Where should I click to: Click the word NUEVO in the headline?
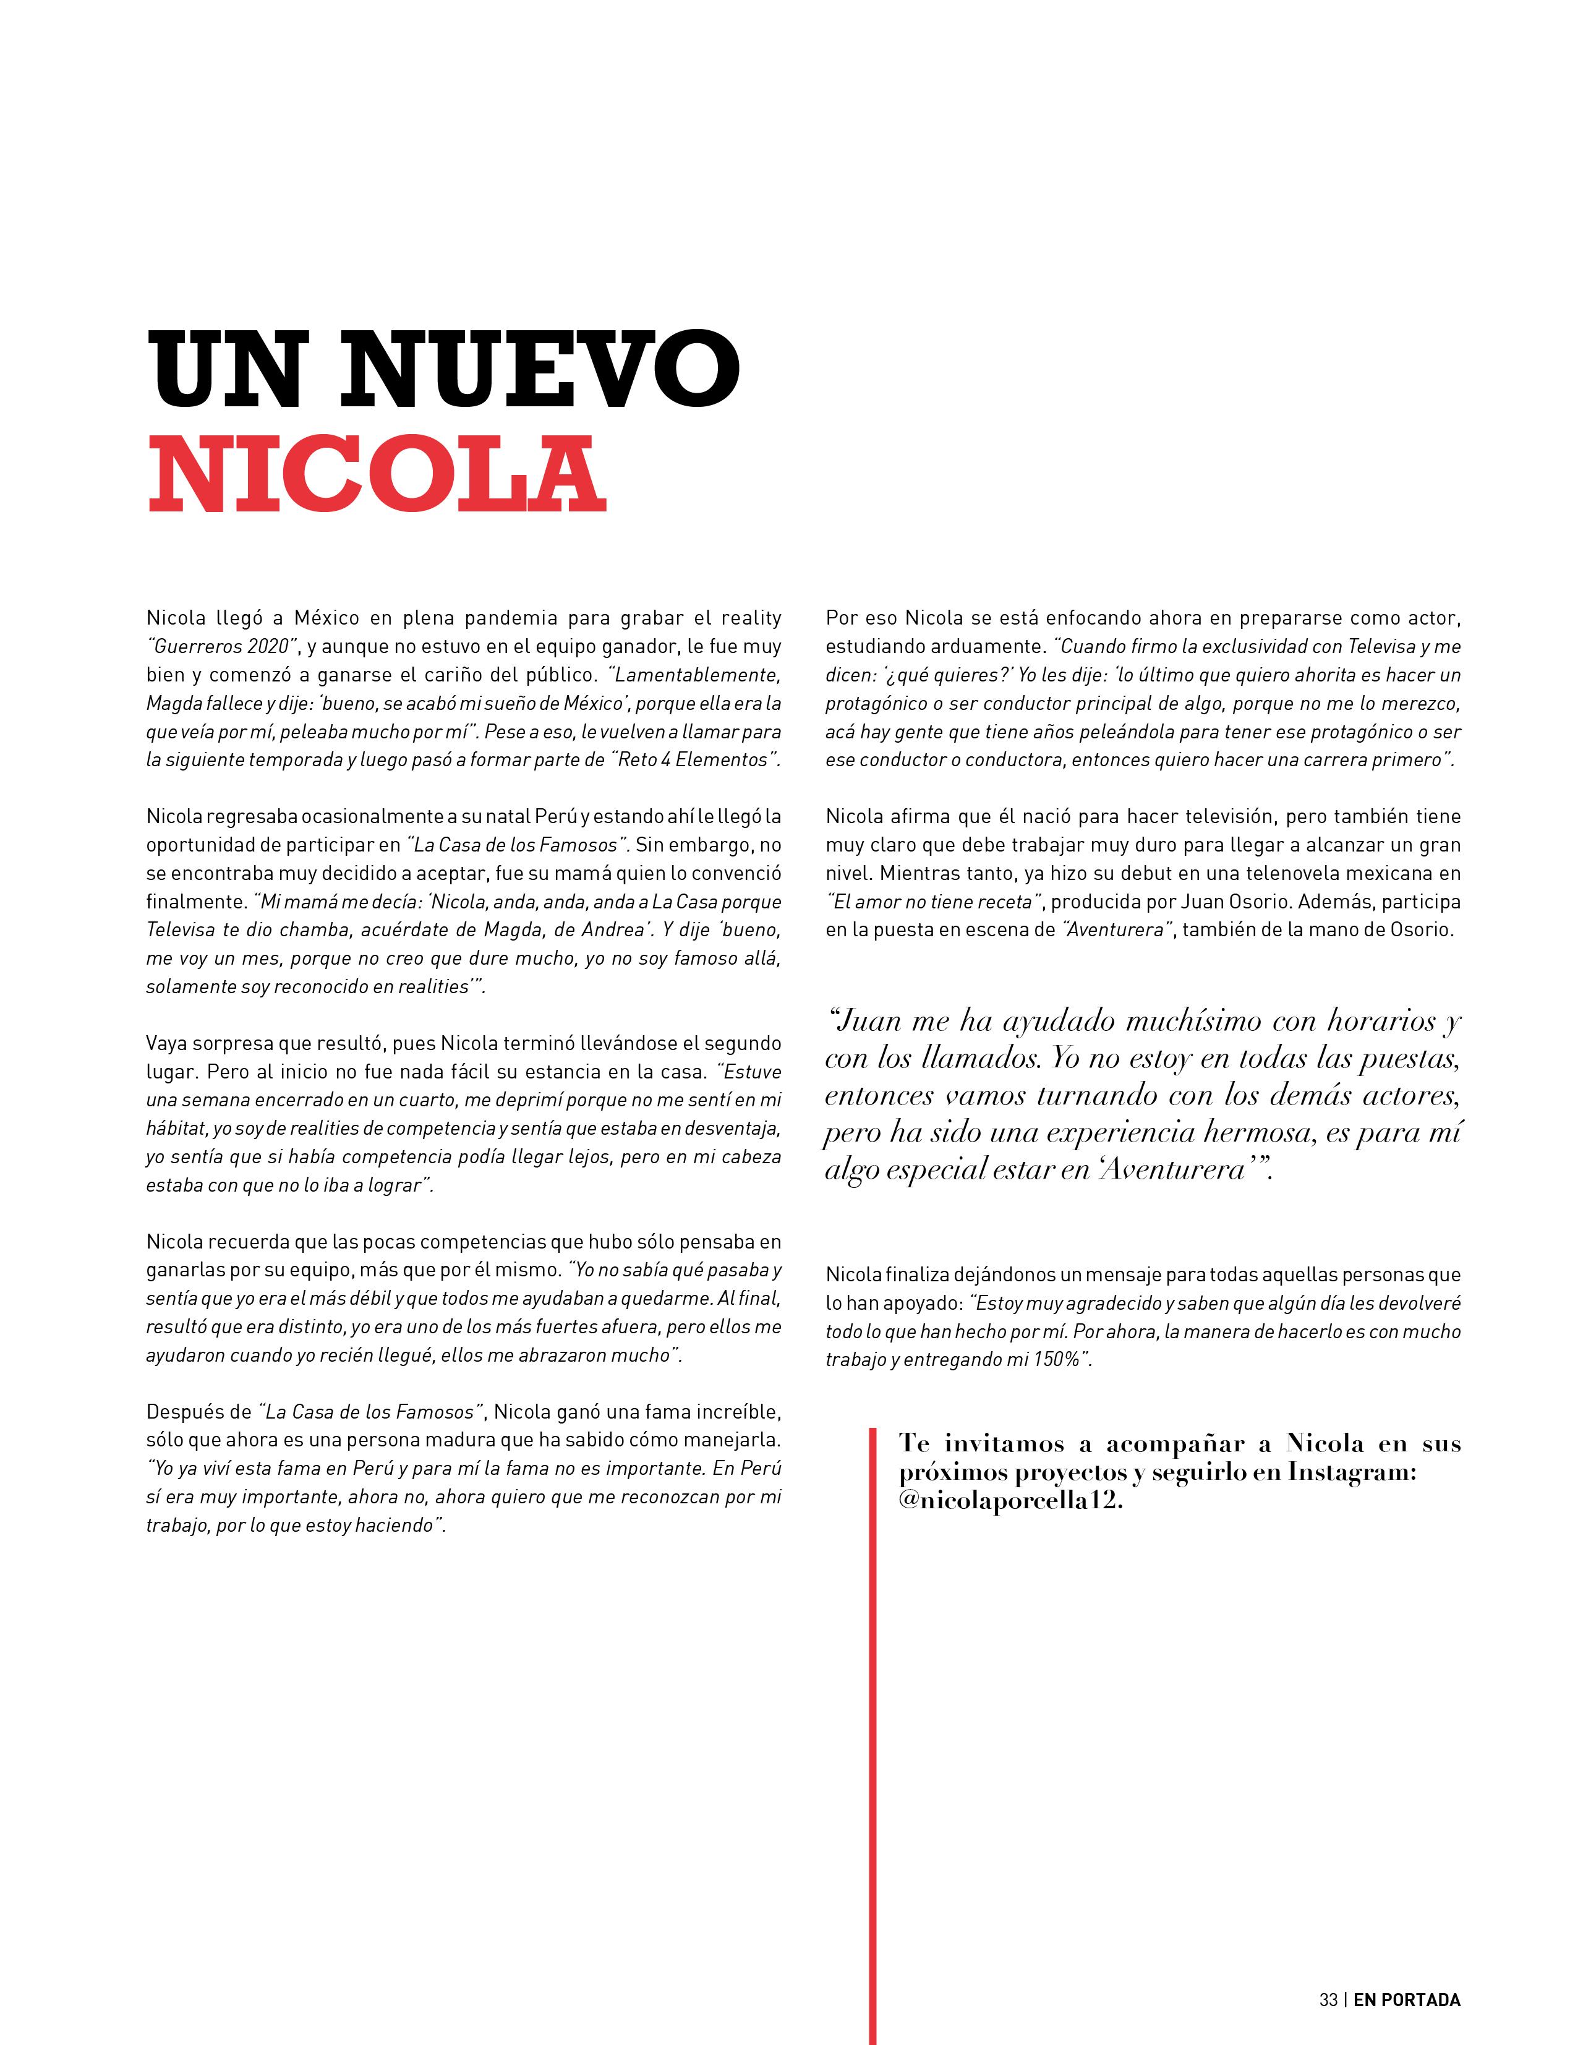(540, 369)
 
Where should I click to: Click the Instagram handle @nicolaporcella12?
(1009, 1500)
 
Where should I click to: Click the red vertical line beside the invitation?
(872, 1729)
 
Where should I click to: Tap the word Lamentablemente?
(696, 674)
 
